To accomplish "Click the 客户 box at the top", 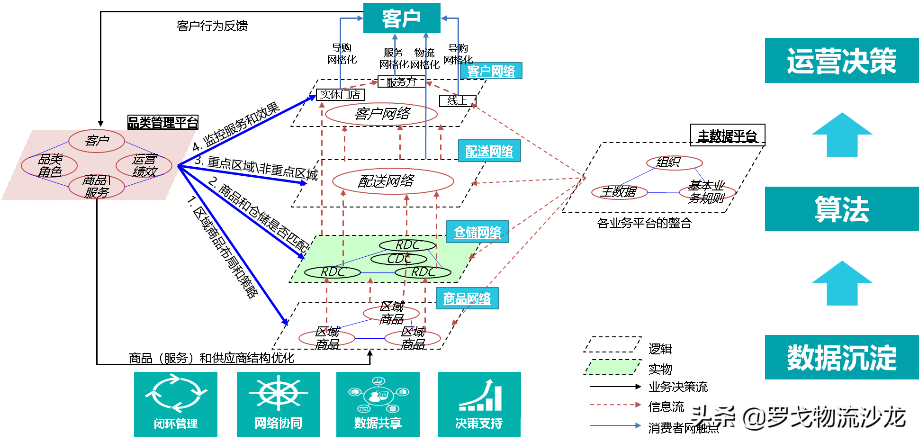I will point(401,18).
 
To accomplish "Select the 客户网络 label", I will point(491,71).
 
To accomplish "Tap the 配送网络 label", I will point(489,151).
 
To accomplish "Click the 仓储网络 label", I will point(478,232).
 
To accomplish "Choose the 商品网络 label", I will point(467,298).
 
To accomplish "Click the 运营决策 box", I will point(841,61).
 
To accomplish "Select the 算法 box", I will point(841,209).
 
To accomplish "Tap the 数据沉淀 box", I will point(841,357).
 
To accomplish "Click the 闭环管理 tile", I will point(175,404).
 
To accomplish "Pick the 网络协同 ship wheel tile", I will point(278,404).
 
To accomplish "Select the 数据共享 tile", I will point(378,404).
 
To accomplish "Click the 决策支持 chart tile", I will point(479,404).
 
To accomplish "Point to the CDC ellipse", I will point(398,259).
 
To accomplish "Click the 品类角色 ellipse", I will point(49,165).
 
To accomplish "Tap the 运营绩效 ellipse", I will point(144,165).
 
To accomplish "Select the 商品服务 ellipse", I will point(97,186).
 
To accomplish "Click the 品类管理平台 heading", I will point(162,123).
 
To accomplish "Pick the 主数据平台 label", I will point(728,136).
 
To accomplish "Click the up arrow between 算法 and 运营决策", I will point(842,135).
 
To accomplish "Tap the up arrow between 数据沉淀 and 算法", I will point(842,283).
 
